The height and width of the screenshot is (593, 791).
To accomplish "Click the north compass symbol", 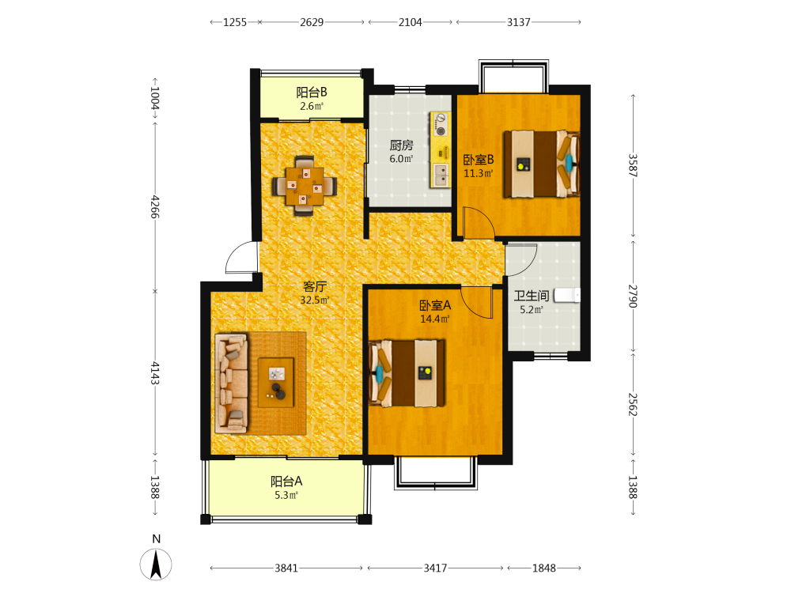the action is (155, 564).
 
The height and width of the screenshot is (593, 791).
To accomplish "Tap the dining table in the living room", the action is (305, 186).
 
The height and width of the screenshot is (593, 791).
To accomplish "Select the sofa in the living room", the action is (232, 383).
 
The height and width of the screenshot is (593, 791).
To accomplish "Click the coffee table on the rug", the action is (276, 382).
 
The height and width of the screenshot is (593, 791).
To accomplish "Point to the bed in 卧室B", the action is (541, 164).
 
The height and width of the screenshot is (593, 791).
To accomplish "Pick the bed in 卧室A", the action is (407, 373).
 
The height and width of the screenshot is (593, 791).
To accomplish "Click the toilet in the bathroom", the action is (567, 295).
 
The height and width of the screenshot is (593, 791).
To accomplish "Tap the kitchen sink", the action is (441, 175).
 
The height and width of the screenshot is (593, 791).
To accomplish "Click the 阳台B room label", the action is (311, 93).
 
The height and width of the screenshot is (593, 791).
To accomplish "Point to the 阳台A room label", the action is (286, 482).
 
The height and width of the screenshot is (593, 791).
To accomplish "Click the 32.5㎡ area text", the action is (315, 300).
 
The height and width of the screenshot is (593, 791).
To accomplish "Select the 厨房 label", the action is (402, 145).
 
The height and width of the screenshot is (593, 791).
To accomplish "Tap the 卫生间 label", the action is (532, 296).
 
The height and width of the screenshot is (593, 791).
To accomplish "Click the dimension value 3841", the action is (286, 568).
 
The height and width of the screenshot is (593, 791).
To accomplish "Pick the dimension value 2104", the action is (410, 22).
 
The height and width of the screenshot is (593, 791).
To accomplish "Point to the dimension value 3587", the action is (633, 165).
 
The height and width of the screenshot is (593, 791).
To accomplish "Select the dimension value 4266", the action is (154, 206).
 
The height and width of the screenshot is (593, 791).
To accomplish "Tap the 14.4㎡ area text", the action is (435, 319).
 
